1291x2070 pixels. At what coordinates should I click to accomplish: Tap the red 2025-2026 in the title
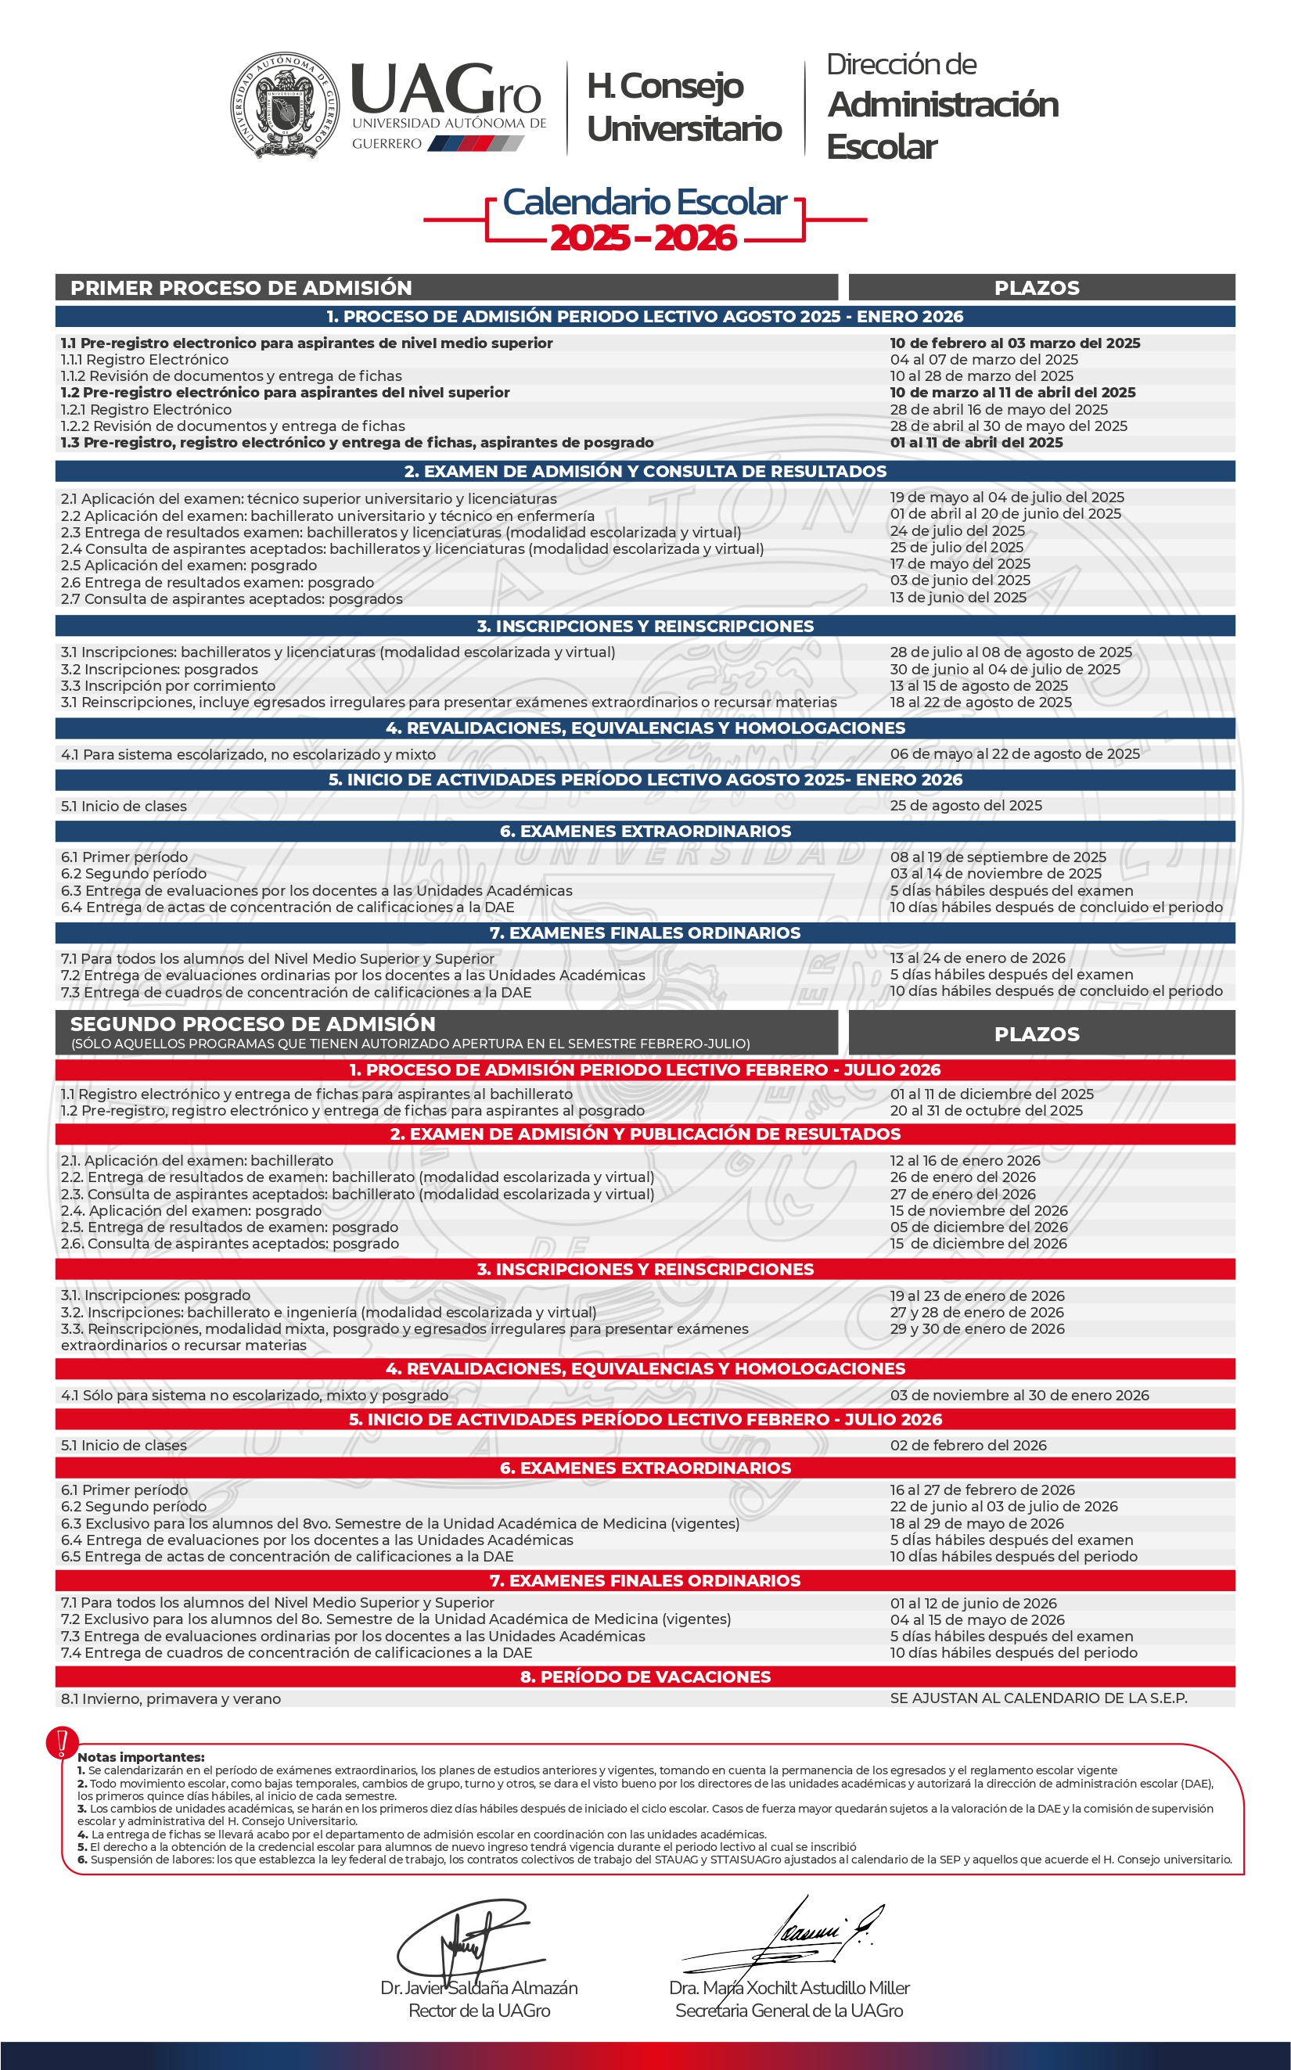(x=643, y=238)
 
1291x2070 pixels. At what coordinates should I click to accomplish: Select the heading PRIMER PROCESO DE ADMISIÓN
(x=241, y=288)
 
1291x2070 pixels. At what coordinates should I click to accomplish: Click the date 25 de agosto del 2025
(x=966, y=805)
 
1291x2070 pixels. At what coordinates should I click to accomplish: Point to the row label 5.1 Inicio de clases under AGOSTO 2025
(x=124, y=806)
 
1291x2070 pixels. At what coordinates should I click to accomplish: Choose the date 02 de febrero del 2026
(x=969, y=1445)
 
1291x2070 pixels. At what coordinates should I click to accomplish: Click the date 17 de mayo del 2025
(x=960, y=563)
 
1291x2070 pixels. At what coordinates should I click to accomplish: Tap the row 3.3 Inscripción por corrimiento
(x=168, y=685)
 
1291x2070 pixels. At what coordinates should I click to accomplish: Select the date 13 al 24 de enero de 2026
(x=978, y=958)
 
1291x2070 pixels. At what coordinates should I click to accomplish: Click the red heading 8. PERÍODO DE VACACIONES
(x=645, y=1676)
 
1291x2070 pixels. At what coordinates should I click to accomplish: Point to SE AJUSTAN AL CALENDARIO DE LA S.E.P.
(x=1038, y=1698)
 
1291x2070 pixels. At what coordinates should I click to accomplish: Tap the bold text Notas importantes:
(x=141, y=1757)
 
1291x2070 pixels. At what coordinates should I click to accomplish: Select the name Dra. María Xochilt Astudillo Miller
(x=789, y=1988)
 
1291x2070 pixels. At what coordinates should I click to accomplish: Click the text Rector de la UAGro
(x=479, y=2011)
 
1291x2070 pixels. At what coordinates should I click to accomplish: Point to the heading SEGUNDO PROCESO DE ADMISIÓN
(x=253, y=1023)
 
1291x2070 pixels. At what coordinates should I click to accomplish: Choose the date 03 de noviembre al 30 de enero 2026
(x=1019, y=1395)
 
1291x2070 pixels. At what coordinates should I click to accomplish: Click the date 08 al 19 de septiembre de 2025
(x=998, y=856)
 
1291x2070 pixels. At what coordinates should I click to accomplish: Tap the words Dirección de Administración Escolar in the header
(x=942, y=106)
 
